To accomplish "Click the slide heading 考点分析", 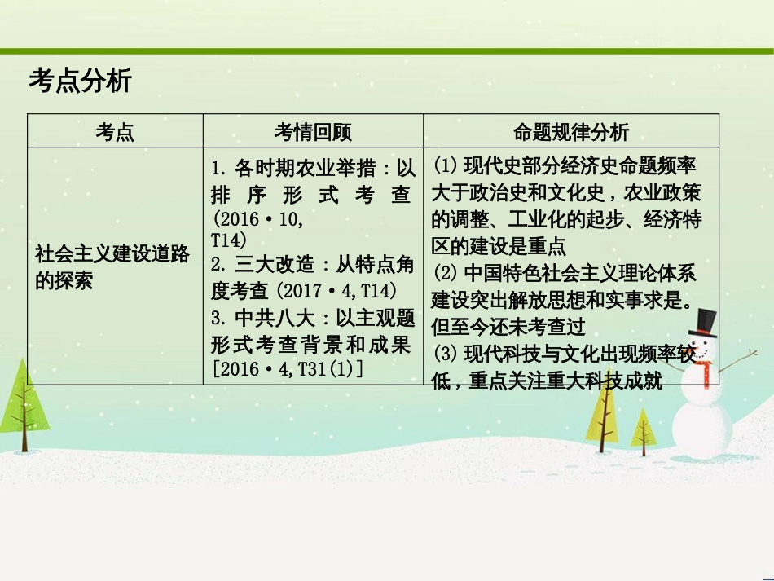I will [x=80, y=82].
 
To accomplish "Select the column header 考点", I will [x=115, y=132].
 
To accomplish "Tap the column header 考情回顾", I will [x=313, y=132].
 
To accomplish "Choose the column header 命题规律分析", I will [x=570, y=132].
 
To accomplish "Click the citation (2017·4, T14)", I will [x=336, y=291].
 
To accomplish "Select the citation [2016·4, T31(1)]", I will [x=287, y=369].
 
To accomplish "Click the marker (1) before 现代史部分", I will [x=445, y=167].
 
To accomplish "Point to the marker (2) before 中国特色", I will [x=445, y=273].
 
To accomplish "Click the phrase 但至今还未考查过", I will [x=509, y=327].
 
